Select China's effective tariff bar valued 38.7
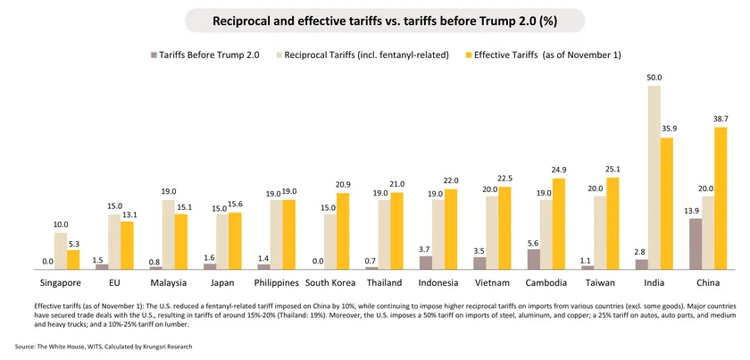[721, 197]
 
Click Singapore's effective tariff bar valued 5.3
[73, 259]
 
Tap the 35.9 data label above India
[667, 130]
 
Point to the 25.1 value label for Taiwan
[612, 169]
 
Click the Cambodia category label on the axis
[546, 283]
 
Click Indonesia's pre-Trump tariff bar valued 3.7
[426, 263]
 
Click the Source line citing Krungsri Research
[104, 346]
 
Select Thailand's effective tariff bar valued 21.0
[396, 230]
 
